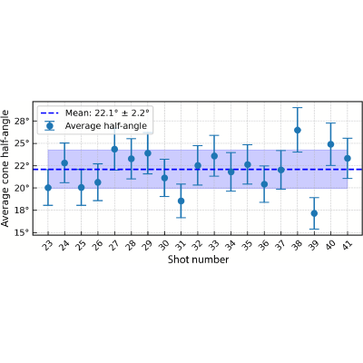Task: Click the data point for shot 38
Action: coord(298,130)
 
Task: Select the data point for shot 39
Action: coord(314,213)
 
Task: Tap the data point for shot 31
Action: coord(181,201)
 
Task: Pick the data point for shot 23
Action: coord(48,188)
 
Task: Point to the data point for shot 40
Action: coord(330,144)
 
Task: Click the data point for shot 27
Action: coord(114,149)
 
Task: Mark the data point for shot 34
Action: coord(231,172)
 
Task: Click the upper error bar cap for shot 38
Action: coord(298,108)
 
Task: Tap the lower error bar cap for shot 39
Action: coord(314,229)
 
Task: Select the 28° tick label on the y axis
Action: coord(22,122)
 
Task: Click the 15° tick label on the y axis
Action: coord(22,232)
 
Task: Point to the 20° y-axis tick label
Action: coord(22,188)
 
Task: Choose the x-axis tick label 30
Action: coord(163,245)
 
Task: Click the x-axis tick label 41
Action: coord(347,245)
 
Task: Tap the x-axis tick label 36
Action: coord(263,245)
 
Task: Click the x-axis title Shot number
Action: coord(198,260)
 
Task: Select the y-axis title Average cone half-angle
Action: coord(5,168)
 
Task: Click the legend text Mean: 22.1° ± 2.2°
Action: coord(107,113)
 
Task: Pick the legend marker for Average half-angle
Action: coord(49,126)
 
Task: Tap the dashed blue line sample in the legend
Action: coord(49,113)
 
